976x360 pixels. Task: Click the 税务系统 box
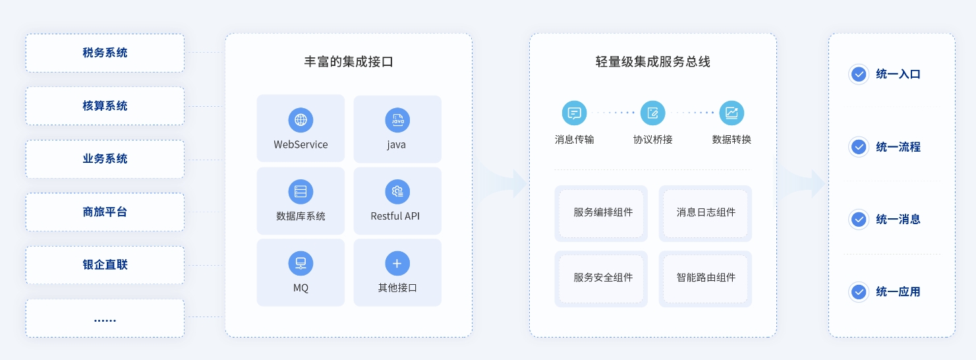click(105, 53)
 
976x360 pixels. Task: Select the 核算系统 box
click(105, 105)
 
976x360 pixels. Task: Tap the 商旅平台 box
click(105, 212)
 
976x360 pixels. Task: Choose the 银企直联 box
click(105, 265)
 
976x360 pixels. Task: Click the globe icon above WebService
click(301, 120)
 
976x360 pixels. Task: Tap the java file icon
click(397, 120)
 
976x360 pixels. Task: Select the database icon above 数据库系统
click(301, 192)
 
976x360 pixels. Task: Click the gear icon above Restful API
click(397, 192)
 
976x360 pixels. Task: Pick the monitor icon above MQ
click(301, 264)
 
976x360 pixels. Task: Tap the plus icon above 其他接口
click(397, 264)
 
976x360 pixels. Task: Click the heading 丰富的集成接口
click(349, 62)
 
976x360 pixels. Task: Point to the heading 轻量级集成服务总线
click(652, 62)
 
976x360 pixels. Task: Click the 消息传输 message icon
click(574, 113)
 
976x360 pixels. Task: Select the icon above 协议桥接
click(653, 113)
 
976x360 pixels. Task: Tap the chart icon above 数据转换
click(732, 113)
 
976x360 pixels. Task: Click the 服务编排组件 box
click(601, 213)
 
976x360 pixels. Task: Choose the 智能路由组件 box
click(705, 278)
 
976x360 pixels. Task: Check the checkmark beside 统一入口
click(859, 75)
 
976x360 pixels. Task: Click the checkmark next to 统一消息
click(859, 220)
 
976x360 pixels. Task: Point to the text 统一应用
click(898, 292)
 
